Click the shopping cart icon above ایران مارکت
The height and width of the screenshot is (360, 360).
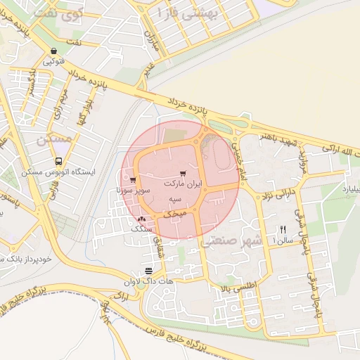click(184, 172)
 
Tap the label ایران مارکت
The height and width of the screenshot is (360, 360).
click(183, 183)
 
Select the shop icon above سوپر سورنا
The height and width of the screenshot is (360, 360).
click(133, 180)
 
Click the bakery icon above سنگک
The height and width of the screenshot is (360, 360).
click(143, 220)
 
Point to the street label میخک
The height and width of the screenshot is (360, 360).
click(174, 212)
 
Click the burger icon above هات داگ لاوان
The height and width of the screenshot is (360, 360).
click(148, 271)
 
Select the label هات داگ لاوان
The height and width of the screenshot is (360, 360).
click(147, 281)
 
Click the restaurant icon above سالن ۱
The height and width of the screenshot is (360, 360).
click(283, 229)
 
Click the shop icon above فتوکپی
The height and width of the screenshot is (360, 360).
click(54, 51)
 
